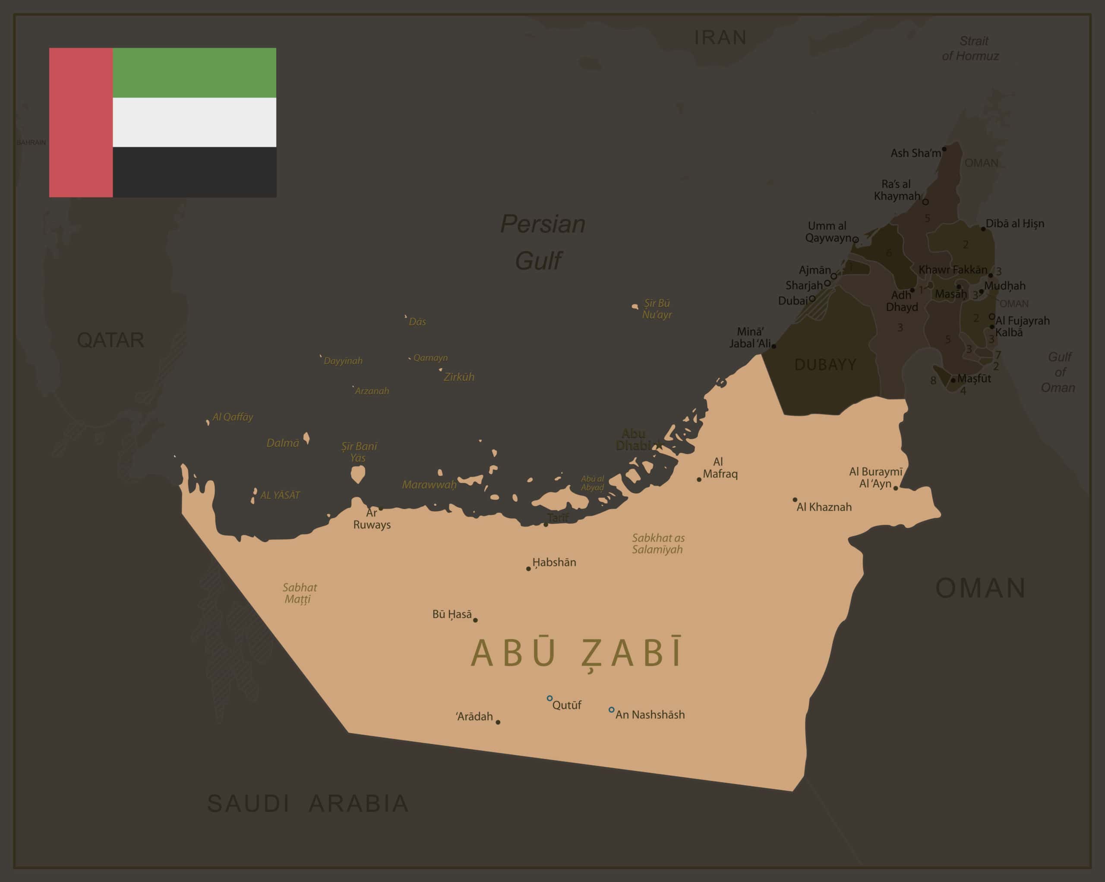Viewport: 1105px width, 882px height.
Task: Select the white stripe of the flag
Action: pos(194,122)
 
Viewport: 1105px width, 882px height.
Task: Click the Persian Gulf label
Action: pos(542,242)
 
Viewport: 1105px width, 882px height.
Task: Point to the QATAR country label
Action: pos(110,340)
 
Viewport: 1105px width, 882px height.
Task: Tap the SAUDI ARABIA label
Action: pos(307,803)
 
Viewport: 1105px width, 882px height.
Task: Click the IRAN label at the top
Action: pos(720,38)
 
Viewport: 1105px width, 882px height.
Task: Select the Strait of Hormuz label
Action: pos(971,48)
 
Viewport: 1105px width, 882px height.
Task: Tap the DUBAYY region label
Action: pos(825,364)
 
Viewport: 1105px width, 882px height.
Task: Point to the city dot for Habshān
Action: pos(528,568)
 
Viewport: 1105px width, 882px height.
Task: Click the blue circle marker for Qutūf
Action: pos(549,698)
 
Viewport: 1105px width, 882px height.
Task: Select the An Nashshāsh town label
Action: pos(650,714)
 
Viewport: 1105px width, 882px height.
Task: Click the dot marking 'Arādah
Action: pos(498,722)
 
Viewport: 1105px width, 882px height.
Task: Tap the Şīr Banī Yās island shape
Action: pos(358,474)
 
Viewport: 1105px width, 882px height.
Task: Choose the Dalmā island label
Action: pos(282,443)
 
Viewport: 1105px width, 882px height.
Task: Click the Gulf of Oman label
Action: pos(1059,372)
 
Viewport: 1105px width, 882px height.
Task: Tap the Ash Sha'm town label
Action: pos(916,153)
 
